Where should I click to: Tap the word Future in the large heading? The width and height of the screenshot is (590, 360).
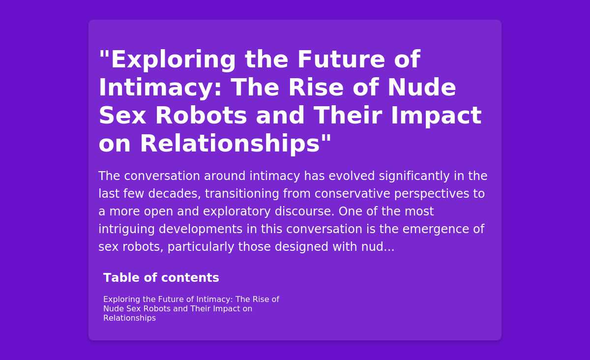[341, 60]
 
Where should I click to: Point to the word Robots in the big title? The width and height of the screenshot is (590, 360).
[201, 116]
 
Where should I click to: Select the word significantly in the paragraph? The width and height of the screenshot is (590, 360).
[414, 176]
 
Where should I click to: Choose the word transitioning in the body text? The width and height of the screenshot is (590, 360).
[242, 194]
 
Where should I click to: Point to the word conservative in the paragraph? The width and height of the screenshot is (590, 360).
[352, 194]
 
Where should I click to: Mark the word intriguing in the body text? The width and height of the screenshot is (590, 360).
[126, 229]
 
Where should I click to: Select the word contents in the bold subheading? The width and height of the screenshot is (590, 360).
[190, 278]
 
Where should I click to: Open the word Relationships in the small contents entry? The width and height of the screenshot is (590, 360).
[130, 318]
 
